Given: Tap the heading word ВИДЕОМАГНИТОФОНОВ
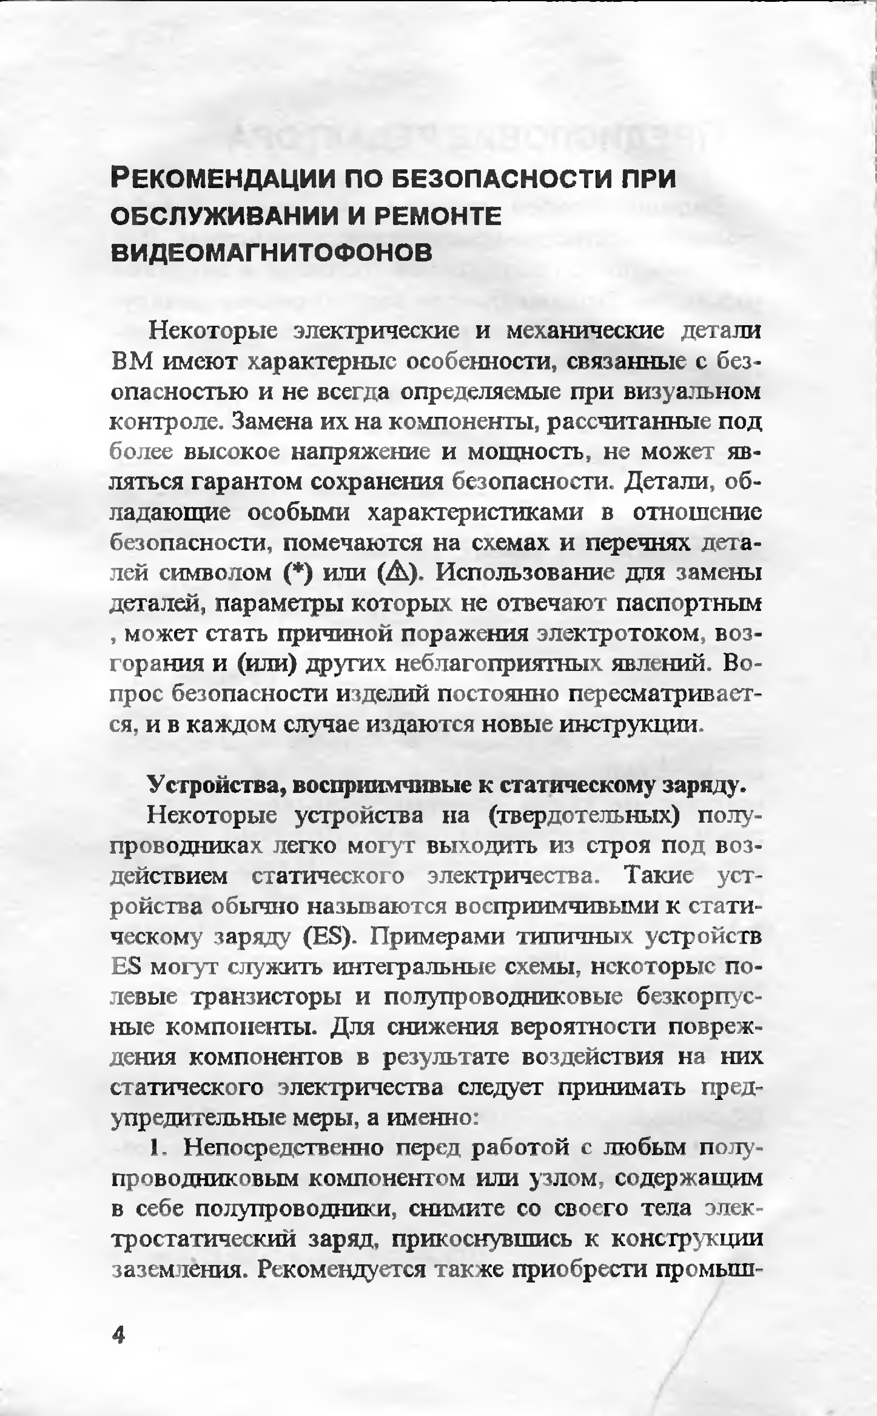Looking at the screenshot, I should pyautogui.click(x=271, y=253).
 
